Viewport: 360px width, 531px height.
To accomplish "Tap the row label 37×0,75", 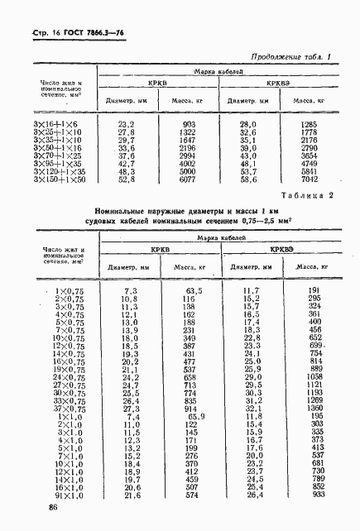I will pyautogui.click(x=70, y=409).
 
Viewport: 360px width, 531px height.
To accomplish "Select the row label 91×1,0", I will pyautogui.click(x=71, y=495).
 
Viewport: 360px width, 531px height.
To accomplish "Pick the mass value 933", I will pyautogui.click(x=318, y=495).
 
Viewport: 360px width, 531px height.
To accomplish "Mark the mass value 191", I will pyautogui.click(x=314, y=291).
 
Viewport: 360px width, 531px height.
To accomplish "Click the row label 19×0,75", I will pyautogui.click(x=70, y=369).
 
